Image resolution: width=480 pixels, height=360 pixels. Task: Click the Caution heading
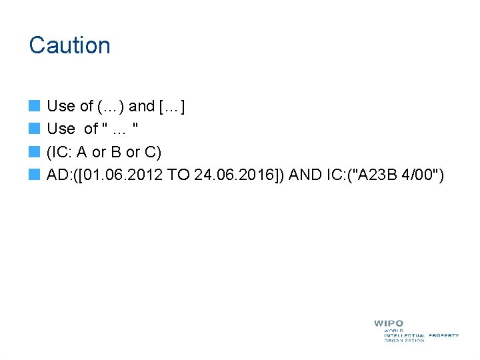(x=69, y=45)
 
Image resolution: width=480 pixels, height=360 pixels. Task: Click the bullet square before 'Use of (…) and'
(x=35, y=106)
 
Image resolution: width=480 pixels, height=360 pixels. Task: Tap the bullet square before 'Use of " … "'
(x=35, y=129)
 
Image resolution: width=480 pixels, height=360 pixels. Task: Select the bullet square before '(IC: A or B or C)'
(x=35, y=153)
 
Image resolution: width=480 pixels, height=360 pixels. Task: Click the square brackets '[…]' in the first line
(x=172, y=106)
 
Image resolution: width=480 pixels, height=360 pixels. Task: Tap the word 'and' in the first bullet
(x=141, y=106)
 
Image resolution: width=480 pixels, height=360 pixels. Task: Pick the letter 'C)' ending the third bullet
(x=154, y=153)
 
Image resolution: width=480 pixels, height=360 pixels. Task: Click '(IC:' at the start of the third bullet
(x=60, y=153)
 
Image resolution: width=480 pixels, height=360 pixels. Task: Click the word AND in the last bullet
(x=302, y=176)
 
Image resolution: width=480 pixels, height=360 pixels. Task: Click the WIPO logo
(x=415, y=331)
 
